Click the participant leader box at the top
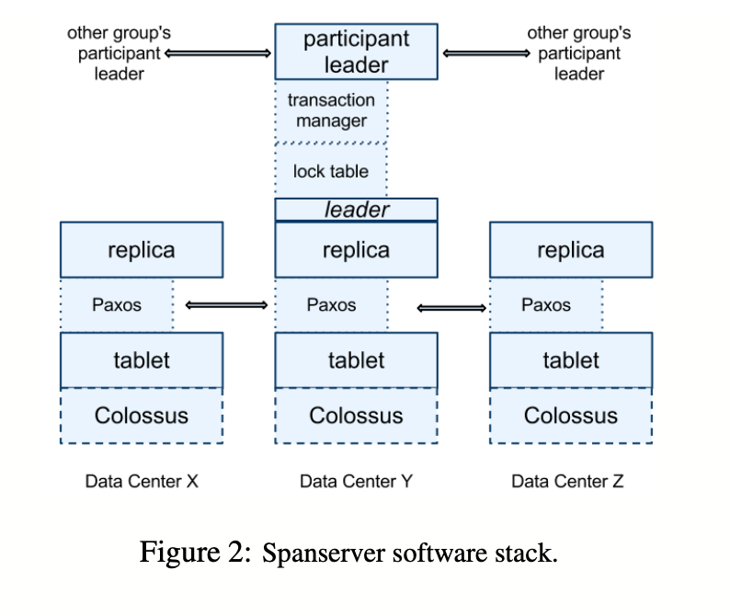pos(356,51)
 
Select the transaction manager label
pos(331,110)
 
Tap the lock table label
pos(330,171)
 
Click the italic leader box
pos(356,210)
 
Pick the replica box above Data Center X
pos(141,249)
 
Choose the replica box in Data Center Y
pos(356,249)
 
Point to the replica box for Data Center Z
pos(571,249)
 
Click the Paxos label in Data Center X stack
pos(117,304)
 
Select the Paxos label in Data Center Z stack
pos(546,304)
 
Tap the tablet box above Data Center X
pos(141,359)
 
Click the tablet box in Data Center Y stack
pos(356,359)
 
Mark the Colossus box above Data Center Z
pos(571,416)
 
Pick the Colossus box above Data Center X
pos(141,416)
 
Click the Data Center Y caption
pos(356,481)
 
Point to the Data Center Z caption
pos(567,481)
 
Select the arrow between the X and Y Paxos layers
pos(226,304)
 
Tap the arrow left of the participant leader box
pos(219,52)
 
